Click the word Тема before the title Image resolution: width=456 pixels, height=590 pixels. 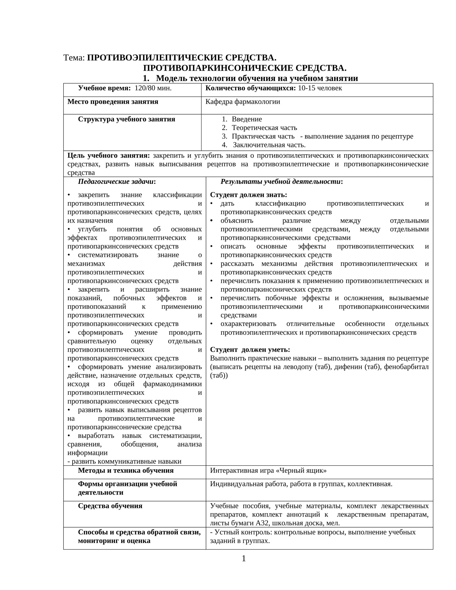pyautogui.click(x=74, y=58)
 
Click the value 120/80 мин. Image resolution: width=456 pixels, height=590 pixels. pyautogui.click(x=153, y=88)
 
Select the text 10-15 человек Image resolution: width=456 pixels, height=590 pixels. pyautogui.click(x=320, y=88)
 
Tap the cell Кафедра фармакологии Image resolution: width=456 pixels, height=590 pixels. pyautogui.click(x=243, y=102)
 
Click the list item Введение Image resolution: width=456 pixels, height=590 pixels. pyautogui.click(x=247, y=119)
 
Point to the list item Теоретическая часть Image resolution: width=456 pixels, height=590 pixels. pyautogui.click(x=264, y=128)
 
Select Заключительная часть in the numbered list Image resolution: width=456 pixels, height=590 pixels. pyautogui.click(x=269, y=145)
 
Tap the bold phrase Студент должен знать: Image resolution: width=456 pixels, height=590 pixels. pyautogui.click(x=248, y=195)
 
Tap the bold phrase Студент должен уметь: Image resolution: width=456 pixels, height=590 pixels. pyautogui.click(x=250, y=350)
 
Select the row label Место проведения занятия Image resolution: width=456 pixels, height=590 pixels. pyautogui.click(x=113, y=102)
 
